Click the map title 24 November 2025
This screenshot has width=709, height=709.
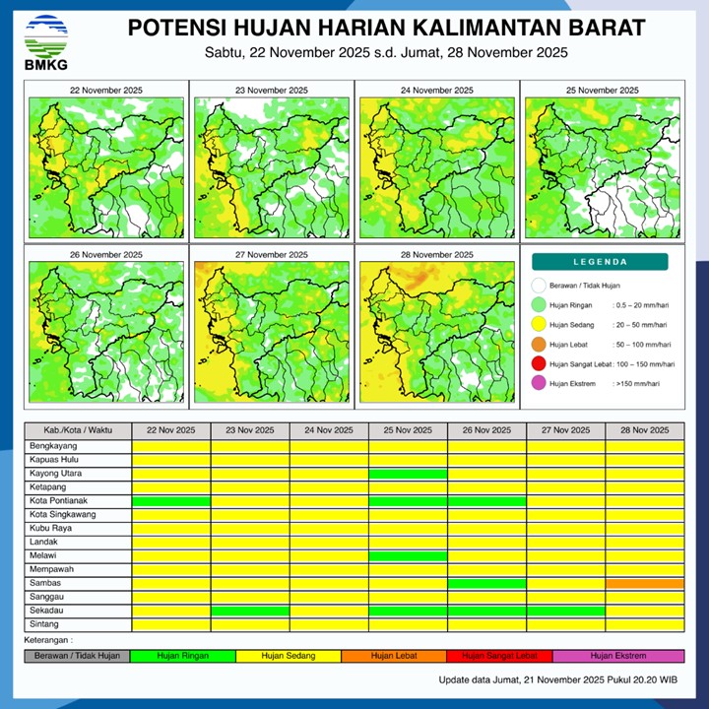[434, 91]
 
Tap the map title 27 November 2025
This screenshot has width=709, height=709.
[272, 254]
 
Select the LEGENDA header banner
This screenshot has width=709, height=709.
[600, 262]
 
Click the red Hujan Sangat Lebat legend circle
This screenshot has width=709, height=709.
[538, 364]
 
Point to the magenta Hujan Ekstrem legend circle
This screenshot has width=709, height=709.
[538, 384]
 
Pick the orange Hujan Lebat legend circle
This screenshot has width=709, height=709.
[538, 345]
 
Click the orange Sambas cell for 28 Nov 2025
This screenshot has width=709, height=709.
[644, 584]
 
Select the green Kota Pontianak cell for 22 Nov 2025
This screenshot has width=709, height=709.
[171, 501]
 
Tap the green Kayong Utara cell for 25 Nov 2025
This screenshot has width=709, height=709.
[408, 474]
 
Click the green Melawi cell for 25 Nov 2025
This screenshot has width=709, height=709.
[408, 556]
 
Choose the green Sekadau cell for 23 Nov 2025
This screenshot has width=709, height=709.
[250, 612]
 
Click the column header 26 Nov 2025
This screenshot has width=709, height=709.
[486, 430]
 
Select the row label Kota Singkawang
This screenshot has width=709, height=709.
[64, 515]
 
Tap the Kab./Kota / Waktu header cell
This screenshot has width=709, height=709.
[78, 430]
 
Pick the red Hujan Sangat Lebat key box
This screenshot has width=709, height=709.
[499, 655]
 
